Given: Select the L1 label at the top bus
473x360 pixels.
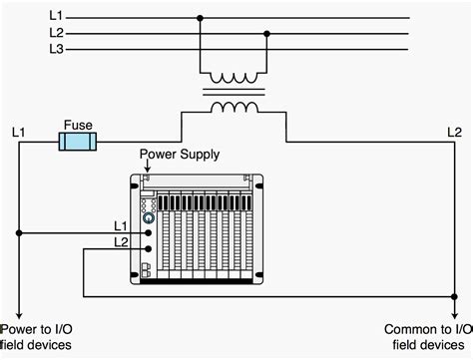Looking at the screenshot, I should click(56, 16).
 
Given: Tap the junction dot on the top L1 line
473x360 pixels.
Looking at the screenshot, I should click(201, 17).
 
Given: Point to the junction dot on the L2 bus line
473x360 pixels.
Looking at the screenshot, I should click(266, 32).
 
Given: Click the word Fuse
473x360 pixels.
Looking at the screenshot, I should click(78, 126).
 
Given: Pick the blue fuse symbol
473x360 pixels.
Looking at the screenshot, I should click(78, 142).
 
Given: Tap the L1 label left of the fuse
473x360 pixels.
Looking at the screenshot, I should click(19, 131).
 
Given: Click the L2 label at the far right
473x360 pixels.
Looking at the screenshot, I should click(454, 131).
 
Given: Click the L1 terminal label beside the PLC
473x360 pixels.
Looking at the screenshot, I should click(121, 226).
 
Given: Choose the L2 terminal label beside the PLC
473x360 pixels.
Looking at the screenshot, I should click(121, 242).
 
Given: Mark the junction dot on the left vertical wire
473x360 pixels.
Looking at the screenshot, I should click(19, 233).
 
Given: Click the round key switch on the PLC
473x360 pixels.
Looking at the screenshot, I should click(148, 216).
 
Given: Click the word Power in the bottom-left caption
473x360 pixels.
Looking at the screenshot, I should click(19, 330).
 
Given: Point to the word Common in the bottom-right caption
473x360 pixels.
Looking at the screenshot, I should click(410, 330).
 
